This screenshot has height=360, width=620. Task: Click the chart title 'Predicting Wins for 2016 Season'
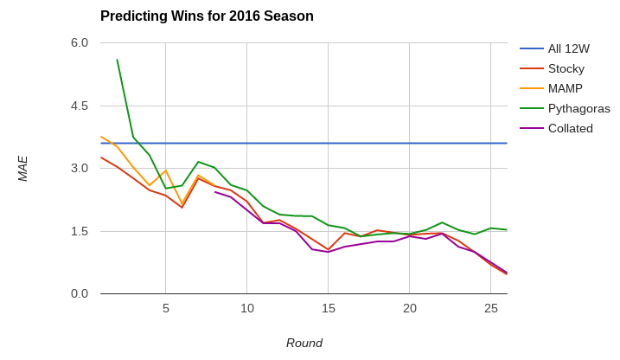tap(207, 16)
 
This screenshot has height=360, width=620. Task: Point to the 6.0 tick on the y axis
tap(80, 42)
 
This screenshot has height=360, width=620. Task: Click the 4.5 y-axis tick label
tap(80, 106)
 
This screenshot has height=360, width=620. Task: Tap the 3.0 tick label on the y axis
tap(80, 168)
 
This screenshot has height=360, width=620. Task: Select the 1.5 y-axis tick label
tap(80, 231)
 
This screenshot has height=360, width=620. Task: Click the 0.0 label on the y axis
tap(80, 293)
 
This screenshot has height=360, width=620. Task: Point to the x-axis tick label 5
tap(166, 308)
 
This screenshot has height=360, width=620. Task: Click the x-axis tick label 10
tap(247, 308)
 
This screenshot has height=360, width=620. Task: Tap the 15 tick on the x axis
tap(329, 308)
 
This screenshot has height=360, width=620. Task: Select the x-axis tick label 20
tap(410, 308)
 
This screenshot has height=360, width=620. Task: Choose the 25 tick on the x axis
tap(491, 308)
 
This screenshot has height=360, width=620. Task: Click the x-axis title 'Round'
tap(304, 343)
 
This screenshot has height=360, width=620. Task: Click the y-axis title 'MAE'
tap(23, 169)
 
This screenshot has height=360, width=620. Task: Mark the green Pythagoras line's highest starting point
tap(117, 60)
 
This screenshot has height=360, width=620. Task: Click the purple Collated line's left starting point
tap(214, 191)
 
